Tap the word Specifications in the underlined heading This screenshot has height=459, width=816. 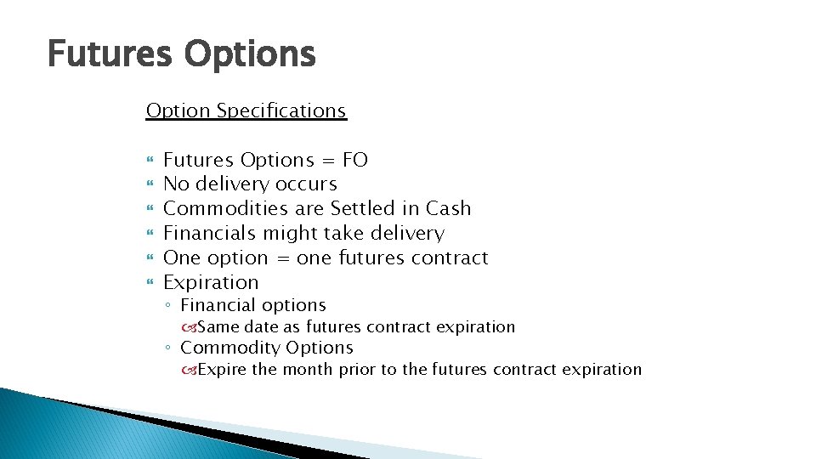[x=281, y=111]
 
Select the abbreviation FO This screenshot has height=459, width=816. [x=354, y=160]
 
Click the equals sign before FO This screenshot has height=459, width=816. [x=327, y=161]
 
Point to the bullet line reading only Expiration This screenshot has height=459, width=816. [x=210, y=283]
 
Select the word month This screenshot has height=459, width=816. [x=308, y=370]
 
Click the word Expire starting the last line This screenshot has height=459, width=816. [x=222, y=370]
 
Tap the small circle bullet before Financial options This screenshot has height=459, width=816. [x=170, y=306]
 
